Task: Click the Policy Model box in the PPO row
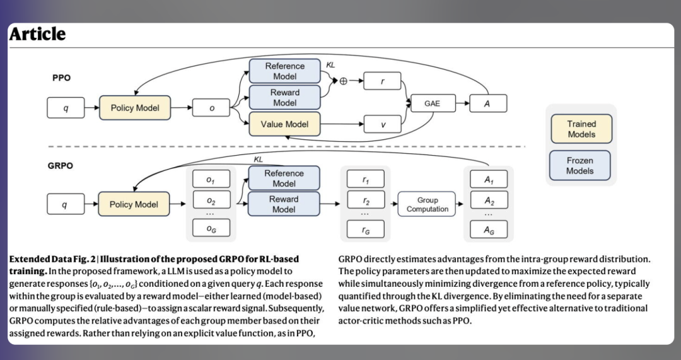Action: pos(135,108)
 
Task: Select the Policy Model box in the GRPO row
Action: pos(134,204)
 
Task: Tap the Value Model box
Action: pos(285,124)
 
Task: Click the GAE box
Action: pos(432,103)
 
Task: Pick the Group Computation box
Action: pos(427,204)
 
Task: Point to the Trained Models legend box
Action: pos(581,129)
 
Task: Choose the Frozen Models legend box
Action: pos(580,166)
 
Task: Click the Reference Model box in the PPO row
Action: pos(285,71)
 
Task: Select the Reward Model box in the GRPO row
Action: pos(284,204)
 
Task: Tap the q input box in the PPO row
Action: pos(66,108)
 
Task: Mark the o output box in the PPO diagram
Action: pos(211,108)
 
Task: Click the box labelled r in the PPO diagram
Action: pos(383,81)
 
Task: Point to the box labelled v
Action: pos(383,124)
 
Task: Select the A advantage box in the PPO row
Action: pos(487,103)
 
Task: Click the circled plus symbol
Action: pos(344,81)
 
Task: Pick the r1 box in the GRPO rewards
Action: pos(366,180)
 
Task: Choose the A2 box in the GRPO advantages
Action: pos(489,202)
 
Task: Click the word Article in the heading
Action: pos(37,34)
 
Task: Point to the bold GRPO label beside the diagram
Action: pos(61,166)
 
